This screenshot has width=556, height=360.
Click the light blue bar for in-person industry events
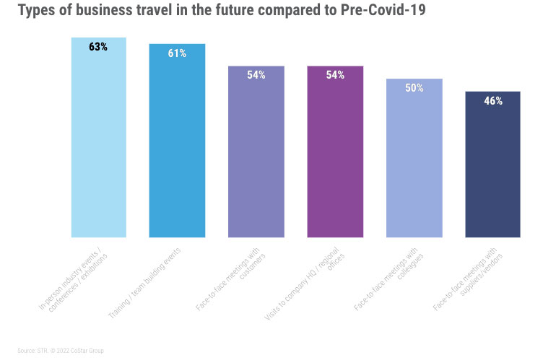coord(98,144)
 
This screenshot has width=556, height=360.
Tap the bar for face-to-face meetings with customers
coord(256,159)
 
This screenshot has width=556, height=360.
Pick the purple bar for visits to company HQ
coord(335,159)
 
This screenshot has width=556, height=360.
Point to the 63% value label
coord(98,47)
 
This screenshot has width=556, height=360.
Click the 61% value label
coord(177,53)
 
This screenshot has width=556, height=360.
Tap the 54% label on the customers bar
coord(256,75)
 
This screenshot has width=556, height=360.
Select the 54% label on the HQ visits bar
coord(335,75)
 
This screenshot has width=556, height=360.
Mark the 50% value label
coord(414,88)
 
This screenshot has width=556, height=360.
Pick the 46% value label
coord(492,101)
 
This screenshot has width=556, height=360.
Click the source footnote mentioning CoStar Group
coord(61,351)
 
